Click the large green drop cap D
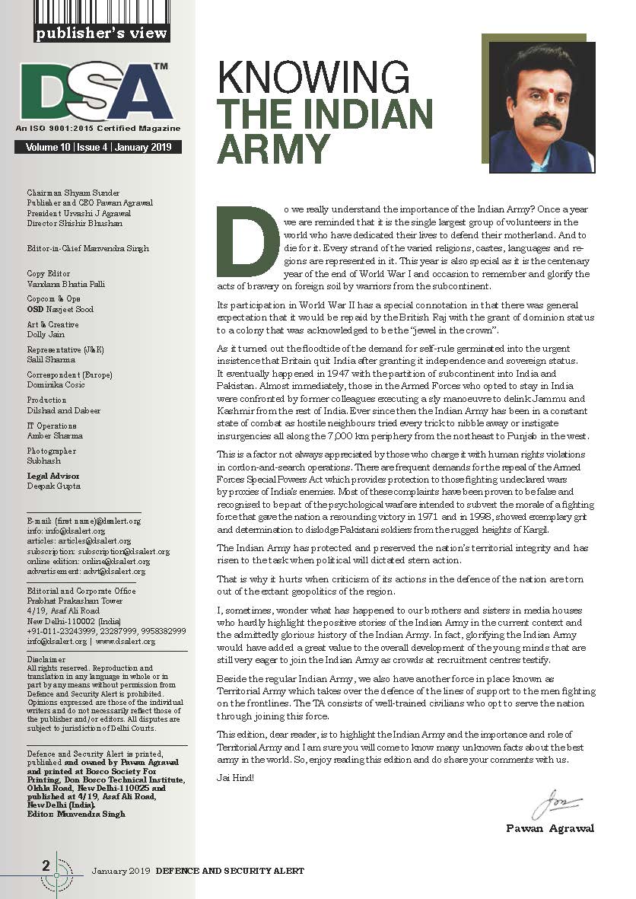click(245, 241)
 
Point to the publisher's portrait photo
click(541, 104)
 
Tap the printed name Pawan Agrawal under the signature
click(550, 828)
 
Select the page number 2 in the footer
click(46, 866)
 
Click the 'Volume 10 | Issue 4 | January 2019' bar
click(98, 148)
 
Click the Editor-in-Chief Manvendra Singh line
click(87, 249)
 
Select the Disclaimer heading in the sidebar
click(46, 659)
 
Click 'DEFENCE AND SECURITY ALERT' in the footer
click(230, 870)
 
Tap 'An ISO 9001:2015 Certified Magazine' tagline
click(98, 129)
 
